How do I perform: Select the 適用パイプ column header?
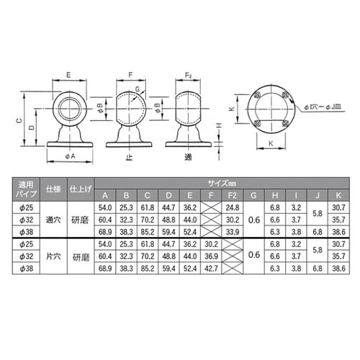(x=24, y=189)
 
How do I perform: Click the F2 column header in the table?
(x=233, y=196)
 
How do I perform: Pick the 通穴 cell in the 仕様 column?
(x=53, y=220)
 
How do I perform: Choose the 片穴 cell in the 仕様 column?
(x=53, y=255)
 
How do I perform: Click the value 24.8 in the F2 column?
(x=233, y=207)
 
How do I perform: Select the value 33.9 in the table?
(x=233, y=231)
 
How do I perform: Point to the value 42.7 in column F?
(x=211, y=267)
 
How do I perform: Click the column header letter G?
(x=253, y=196)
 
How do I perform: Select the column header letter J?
(x=318, y=196)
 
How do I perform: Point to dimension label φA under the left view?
(x=70, y=156)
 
